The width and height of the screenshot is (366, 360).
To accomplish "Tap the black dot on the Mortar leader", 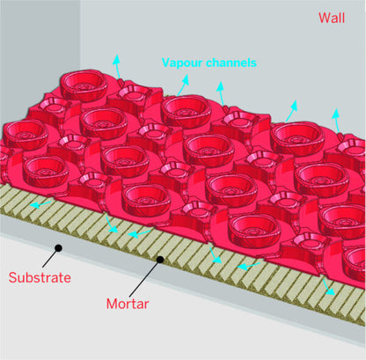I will (161, 259).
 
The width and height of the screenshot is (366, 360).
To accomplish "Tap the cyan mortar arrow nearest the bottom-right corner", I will (329, 288).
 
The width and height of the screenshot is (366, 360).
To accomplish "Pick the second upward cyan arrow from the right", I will (291, 108).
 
